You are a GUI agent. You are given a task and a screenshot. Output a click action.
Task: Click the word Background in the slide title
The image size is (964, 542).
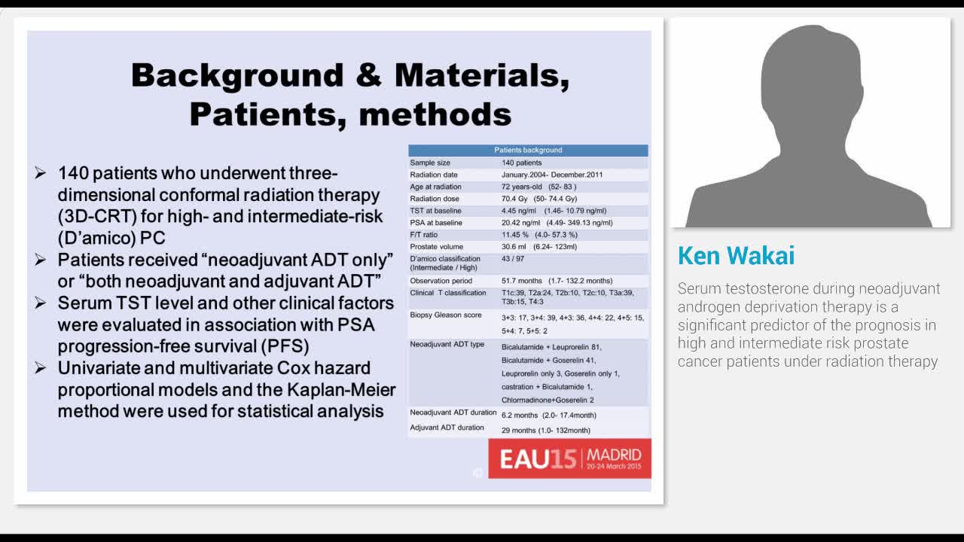pyautogui.click(x=237, y=76)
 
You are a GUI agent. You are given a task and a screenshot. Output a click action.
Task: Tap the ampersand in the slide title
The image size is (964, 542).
pyautogui.click(x=369, y=75)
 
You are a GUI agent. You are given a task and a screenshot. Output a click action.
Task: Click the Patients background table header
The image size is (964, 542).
pyautogui.click(x=528, y=150)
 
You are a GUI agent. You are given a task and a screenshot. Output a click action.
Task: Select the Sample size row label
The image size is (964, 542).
pyautogui.click(x=430, y=163)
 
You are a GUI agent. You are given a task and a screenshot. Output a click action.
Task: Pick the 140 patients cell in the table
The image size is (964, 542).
pyautogui.click(x=522, y=163)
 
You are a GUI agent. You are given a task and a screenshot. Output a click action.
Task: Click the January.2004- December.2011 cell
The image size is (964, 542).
pyautogui.click(x=552, y=175)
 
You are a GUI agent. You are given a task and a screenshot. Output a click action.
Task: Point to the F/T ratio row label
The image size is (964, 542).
pyautogui.click(x=423, y=235)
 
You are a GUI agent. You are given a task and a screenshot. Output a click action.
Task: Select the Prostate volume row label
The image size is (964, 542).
pyautogui.click(x=436, y=247)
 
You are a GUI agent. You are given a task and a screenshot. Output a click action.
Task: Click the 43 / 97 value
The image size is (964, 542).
pyautogui.click(x=513, y=258)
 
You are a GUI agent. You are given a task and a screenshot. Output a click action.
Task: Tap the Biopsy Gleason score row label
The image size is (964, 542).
pyautogui.click(x=445, y=315)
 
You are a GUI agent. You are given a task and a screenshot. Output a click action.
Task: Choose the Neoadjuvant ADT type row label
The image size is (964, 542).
pyautogui.click(x=447, y=344)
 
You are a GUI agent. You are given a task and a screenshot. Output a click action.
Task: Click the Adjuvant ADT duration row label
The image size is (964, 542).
pyautogui.click(x=447, y=428)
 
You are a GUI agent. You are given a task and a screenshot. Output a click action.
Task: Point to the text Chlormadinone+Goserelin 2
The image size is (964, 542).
pyautogui.click(x=548, y=400)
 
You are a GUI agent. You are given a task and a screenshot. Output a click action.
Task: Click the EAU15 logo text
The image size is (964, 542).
pyautogui.click(x=538, y=459)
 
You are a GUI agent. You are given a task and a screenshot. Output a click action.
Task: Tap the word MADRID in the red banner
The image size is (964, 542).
pyautogui.click(x=614, y=455)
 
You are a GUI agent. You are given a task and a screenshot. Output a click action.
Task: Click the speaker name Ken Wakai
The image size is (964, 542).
pyautogui.click(x=736, y=255)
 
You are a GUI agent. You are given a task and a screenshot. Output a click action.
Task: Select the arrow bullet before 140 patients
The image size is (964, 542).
pyautogui.click(x=41, y=173)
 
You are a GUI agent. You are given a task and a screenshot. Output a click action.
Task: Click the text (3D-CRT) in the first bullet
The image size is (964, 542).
pyautogui.click(x=97, y=216)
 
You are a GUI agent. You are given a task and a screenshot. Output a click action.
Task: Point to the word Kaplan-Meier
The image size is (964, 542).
pyautogui.click(x=341, y=390)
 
